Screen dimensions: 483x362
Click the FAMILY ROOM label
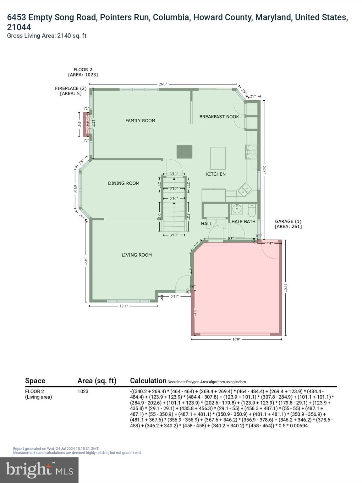click(140, 120)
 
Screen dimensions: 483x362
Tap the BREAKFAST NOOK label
click(219, 117)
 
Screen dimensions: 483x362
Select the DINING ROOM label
click(123, 183)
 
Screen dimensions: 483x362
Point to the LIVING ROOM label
click(136, 255)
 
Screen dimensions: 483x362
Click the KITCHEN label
click(216, 174)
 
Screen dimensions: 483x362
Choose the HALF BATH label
click(243, 222)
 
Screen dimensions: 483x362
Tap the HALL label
click(206, 224)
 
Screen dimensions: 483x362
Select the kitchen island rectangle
click(218, 158)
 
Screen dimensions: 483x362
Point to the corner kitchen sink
click(244, 190)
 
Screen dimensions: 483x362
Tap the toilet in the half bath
click(252, 211)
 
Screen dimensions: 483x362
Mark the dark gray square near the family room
click(184, 152)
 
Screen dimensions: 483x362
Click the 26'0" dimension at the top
click(163, 84)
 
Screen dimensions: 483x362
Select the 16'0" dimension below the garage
click(236, 340)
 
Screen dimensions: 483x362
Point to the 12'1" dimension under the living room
click(123, 306)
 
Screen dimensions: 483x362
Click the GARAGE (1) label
click(288, 224)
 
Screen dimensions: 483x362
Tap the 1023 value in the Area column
click(83, 391)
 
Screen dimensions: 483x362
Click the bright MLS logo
click(39, 470)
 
